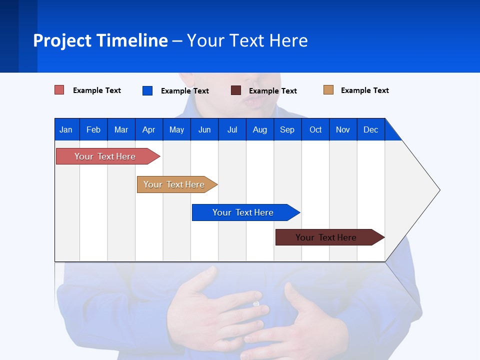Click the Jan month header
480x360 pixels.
(66, 130)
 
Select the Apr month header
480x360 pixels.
(149, 130)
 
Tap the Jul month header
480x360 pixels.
(232, 130)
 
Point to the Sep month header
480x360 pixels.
(287, 130)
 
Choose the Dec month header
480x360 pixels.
(370, 130)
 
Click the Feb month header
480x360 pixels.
(93, 130)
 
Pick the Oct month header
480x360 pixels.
(315, 130)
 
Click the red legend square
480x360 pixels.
(59, 90)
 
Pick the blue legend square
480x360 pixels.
(147, 90)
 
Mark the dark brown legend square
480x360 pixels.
(236, 90)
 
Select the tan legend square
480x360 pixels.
(328, 90)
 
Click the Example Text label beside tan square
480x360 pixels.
(364, 90)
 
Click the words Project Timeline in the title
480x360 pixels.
(100, 40)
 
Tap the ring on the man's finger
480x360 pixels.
(256, 303)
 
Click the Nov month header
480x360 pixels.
(343, 130)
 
